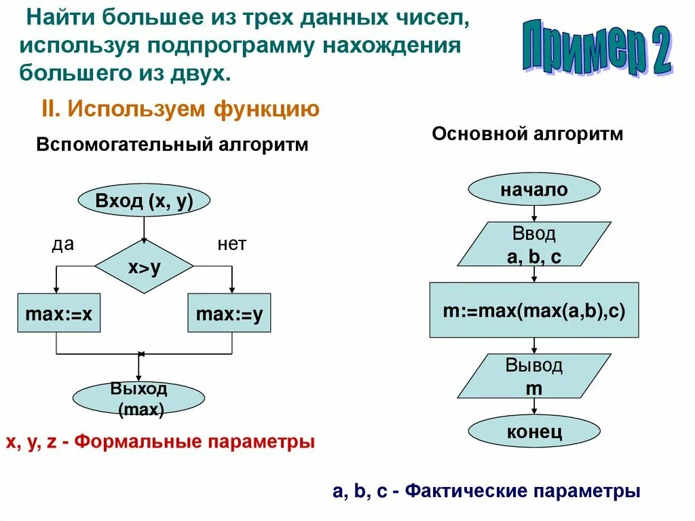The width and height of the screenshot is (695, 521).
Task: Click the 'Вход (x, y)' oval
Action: [x=145, y=201]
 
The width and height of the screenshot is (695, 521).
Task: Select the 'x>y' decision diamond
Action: [x=144, y=267]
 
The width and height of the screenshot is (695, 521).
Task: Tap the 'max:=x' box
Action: [x=58, y=313]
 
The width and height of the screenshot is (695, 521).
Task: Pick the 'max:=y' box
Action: [x=229, y=313]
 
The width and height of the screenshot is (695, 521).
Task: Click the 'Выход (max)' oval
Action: [x=138, y=399]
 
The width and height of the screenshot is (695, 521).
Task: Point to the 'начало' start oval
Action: [x=534, y=190]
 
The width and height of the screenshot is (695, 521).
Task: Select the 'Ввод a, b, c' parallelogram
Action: [x=534, y=245]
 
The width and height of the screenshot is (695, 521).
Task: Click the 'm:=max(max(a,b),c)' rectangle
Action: [x=534, y=311]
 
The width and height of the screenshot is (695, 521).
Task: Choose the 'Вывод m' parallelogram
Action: [x=534, y=376]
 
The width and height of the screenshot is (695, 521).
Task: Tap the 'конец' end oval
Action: [x=534, y=431]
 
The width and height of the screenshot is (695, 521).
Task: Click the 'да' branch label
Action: [x=62, y=245]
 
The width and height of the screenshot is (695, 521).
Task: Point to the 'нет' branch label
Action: [x=231, y=245]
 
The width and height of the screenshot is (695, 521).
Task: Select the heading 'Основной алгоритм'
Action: [x=527, y=134]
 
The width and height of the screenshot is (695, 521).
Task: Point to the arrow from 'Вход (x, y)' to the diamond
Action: [x=144, y=228]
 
